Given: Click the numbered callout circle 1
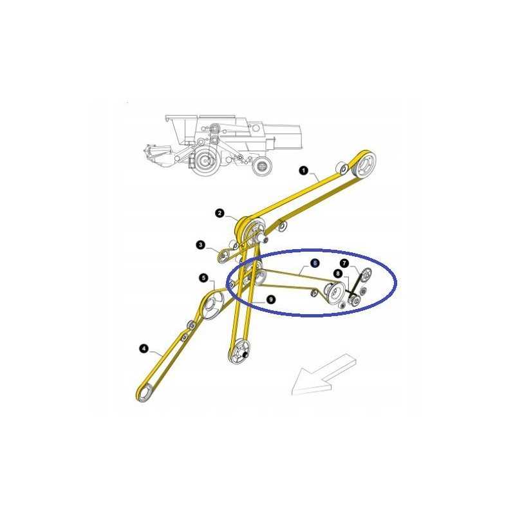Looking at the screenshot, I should coord(303,171).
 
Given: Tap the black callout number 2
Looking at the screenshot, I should coord(220,213).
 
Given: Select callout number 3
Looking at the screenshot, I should coord(201,245).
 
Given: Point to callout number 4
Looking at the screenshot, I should coord(143,349).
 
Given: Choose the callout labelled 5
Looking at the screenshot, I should coord(204,278).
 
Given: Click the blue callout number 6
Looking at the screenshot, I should coord(314,263).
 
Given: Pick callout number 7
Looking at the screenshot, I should coord(344,263).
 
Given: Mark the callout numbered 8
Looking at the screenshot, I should coord(337,274).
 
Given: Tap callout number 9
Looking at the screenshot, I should coord(270,299).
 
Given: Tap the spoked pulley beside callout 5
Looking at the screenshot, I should coord(210,307).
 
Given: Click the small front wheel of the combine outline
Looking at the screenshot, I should coord(261,167).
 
